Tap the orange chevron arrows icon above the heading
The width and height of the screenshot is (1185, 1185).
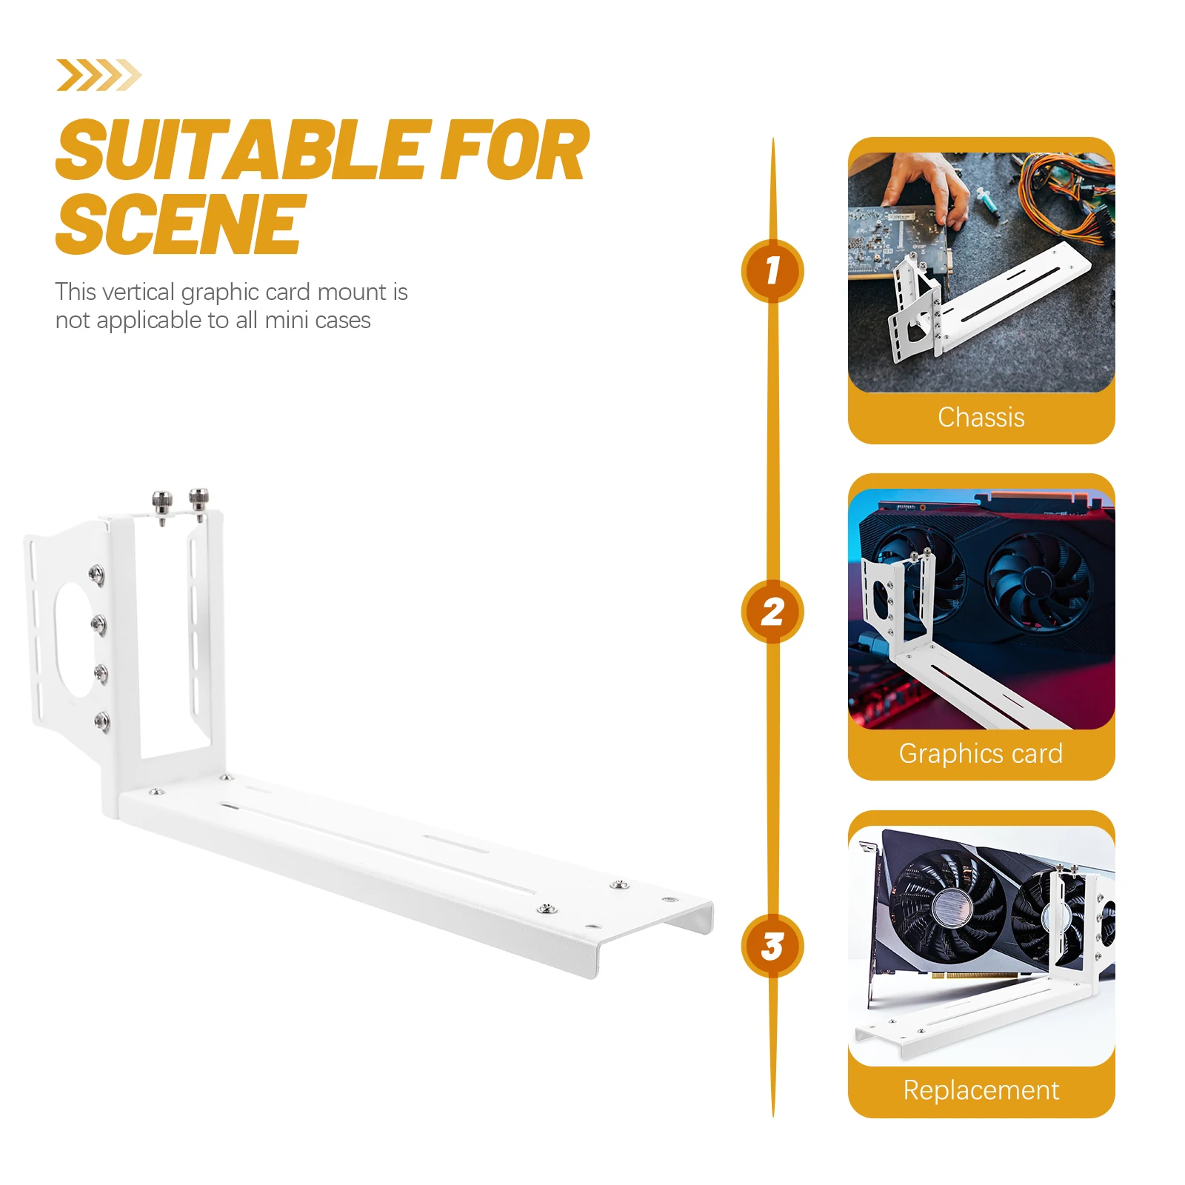pos(99,75)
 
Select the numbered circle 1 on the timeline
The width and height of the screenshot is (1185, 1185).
pos(772,271)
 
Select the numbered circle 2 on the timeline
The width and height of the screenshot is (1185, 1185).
pos(772,612)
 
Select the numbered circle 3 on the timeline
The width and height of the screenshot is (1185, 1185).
pos(772,946)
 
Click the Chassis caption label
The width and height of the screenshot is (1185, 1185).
pos(981,418)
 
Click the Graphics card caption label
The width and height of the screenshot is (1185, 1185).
pos(981,754)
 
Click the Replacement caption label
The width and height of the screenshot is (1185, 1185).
pos(981,1090)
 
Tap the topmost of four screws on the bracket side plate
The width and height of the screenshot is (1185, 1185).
pos(97,574)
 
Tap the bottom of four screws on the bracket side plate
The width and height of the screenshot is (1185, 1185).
pos(101,721)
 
